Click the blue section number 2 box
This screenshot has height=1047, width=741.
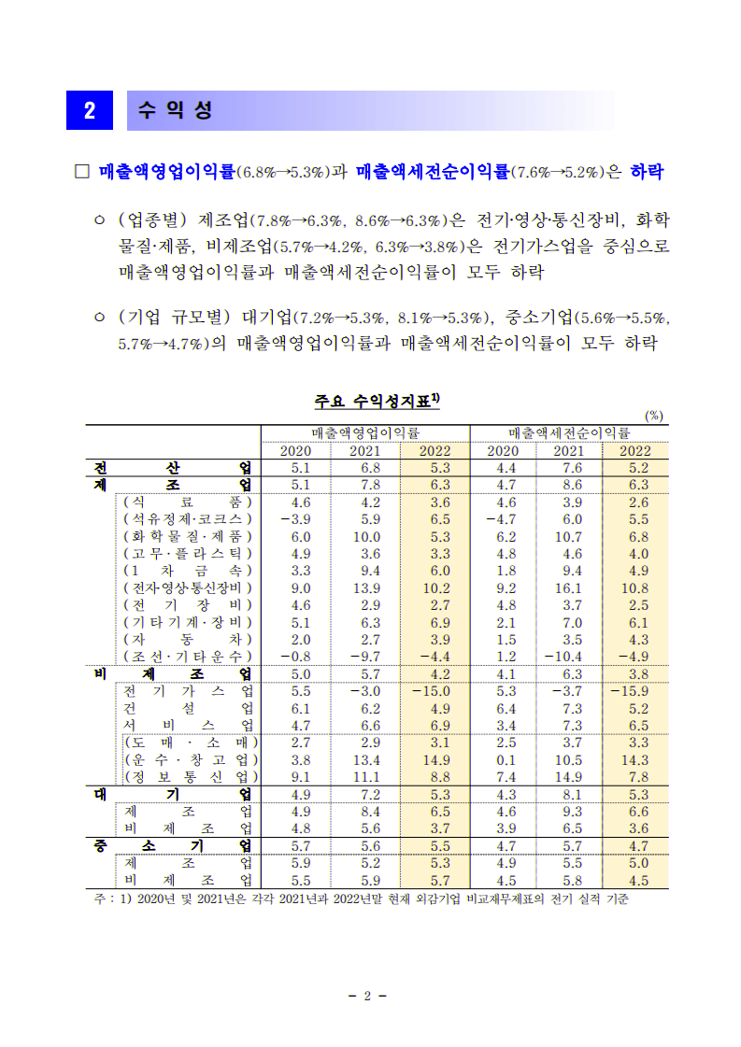coord(90,110)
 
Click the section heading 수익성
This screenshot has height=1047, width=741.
coord(175,110)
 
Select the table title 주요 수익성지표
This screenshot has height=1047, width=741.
coord(378,402)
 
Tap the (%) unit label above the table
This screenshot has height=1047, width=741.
coord(653,417)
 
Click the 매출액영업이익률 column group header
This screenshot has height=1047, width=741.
coord(364,433)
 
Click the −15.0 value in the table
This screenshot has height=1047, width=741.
coord(431,691)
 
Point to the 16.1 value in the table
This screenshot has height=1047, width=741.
coord(567,588)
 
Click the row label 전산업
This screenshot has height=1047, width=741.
coord(174,468)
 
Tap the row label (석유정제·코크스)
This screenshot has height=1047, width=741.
coord(188,519)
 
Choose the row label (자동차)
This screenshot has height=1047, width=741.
coord(188,640)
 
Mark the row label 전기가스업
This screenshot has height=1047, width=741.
coord(188,691)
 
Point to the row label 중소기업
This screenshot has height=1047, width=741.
coord(174,846)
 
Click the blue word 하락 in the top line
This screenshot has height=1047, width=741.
coord(648,172)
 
